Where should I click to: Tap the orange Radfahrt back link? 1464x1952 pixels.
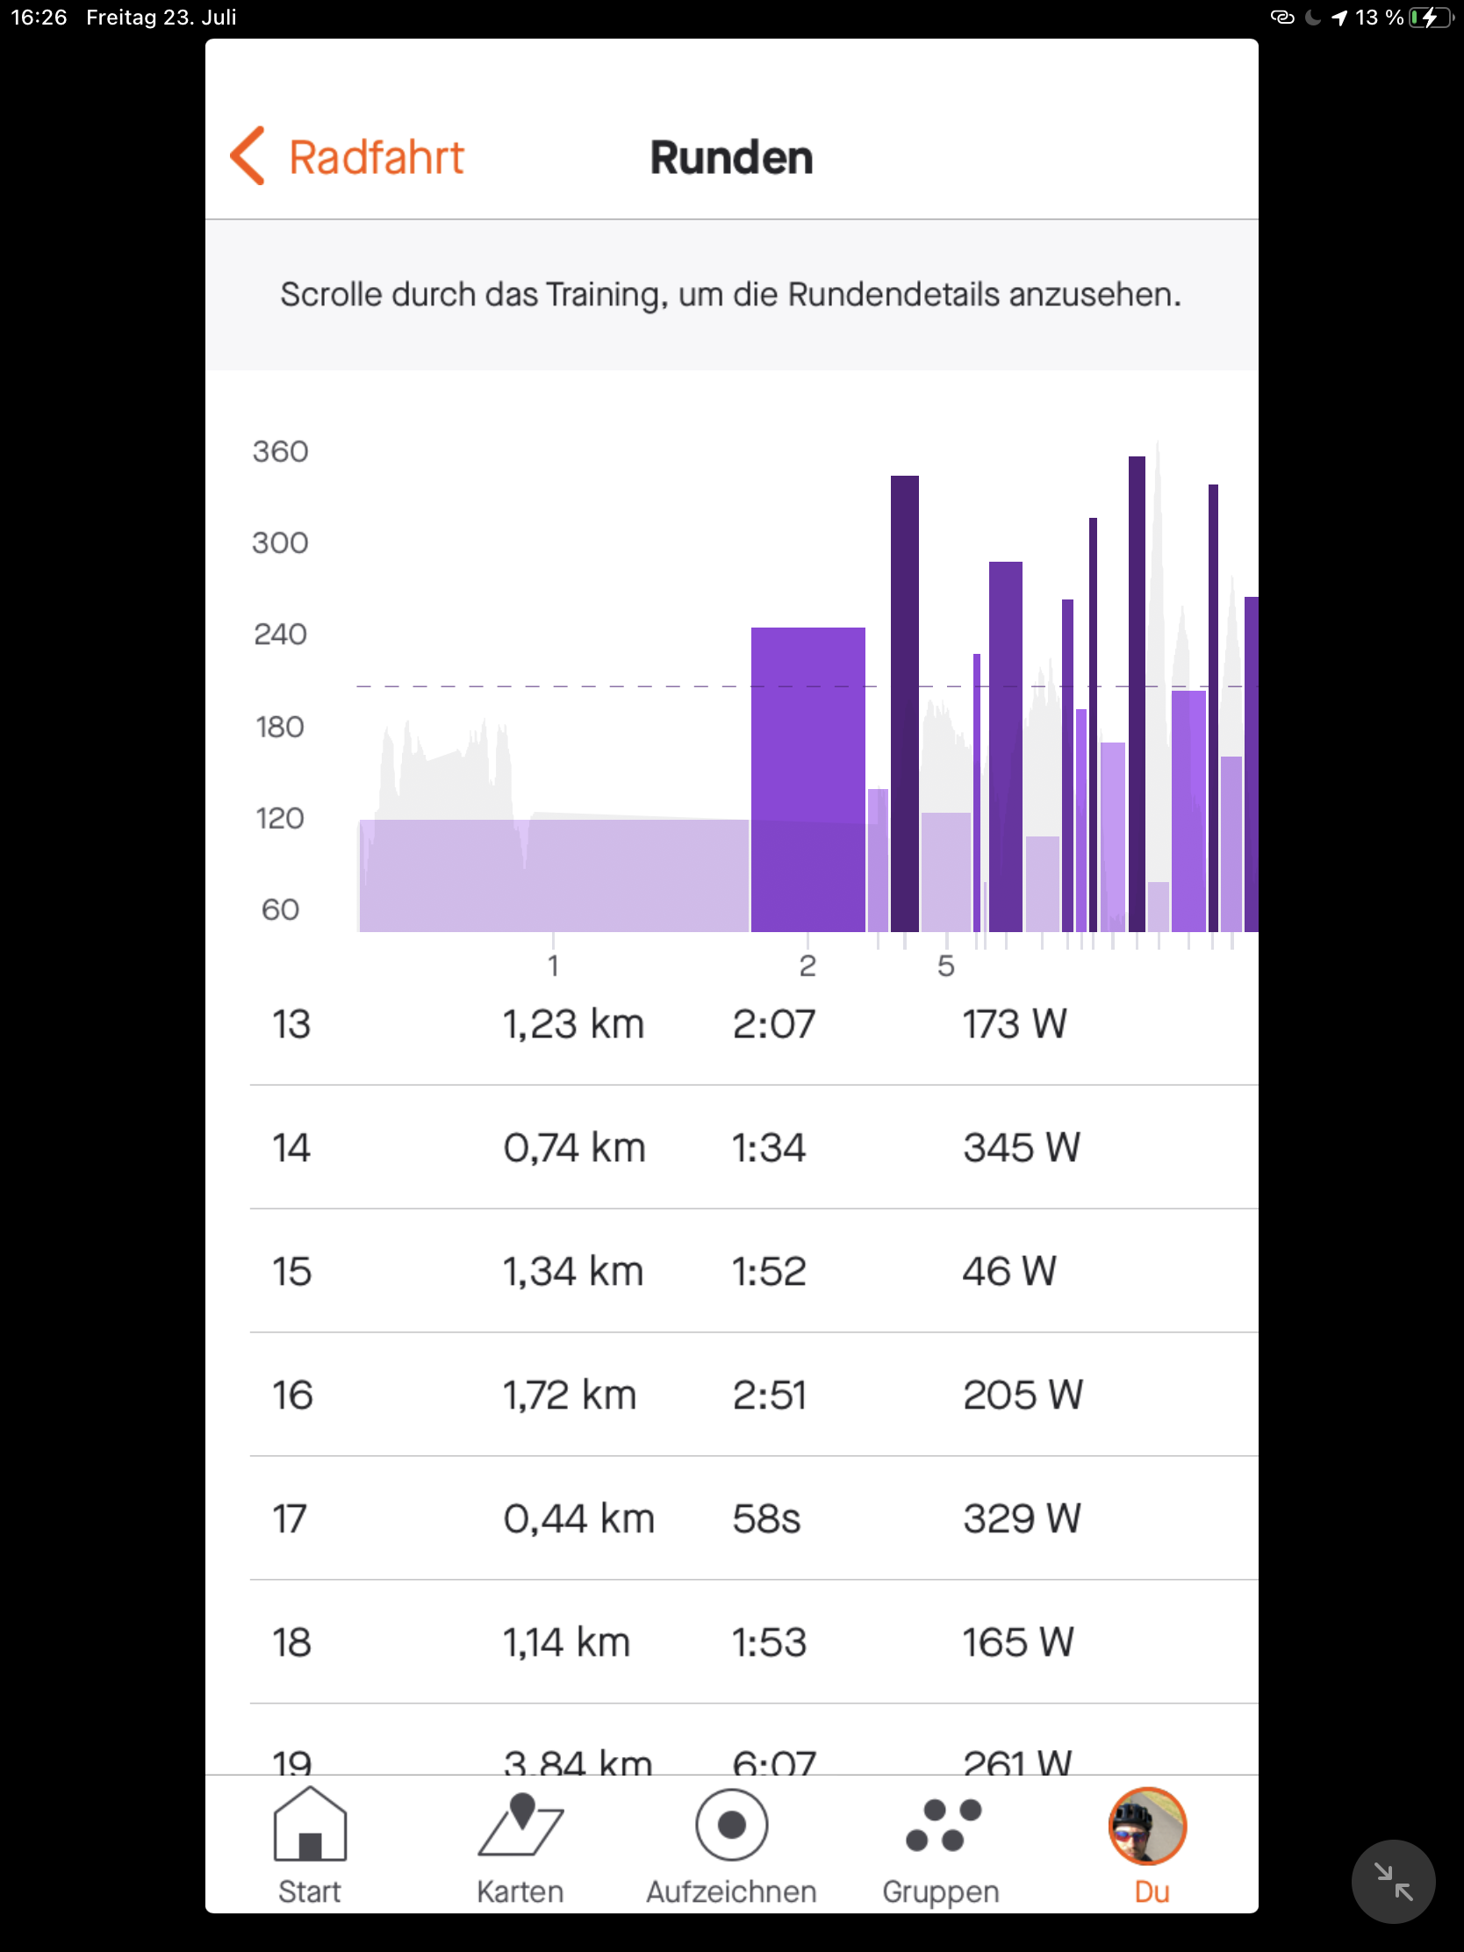coord(348,157)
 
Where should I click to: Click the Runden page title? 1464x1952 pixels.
coord(731,158)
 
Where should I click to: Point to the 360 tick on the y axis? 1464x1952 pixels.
coord(281,452)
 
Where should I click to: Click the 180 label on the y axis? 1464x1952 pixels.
coord(280,727)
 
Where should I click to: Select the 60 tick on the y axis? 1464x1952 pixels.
coord(280,910)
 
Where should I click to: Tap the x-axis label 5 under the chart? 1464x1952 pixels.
coord(946,966)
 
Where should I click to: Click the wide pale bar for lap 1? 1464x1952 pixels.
coord(553,874)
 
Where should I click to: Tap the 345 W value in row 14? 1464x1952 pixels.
coord(1021,1148)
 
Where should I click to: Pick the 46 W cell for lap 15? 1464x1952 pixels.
coord(1008,1272)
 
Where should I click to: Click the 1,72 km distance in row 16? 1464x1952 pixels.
coord(569,1396)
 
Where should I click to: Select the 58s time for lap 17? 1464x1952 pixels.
coord(766,1518)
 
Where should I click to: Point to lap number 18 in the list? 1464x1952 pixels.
coord(291,1642)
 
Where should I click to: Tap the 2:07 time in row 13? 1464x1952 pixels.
coord(774,1024)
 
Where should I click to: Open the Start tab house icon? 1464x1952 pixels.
coord(310,1825)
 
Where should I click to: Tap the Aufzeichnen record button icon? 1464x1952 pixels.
coord(731,1825)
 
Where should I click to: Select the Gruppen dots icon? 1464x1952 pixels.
coord(943,1825)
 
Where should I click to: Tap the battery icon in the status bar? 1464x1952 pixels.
coord(1430,18)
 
